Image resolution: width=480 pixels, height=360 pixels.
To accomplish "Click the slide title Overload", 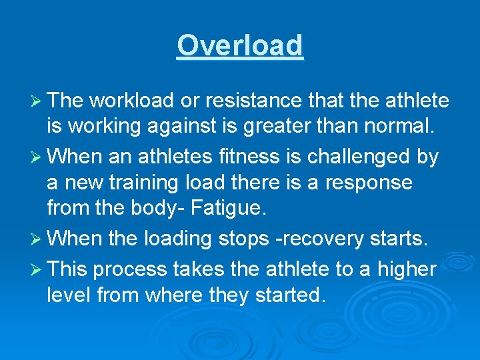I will click(240, 46).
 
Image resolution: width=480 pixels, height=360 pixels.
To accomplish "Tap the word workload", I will click(132, 101).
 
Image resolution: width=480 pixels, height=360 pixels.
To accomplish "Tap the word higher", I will click(406, 270).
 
